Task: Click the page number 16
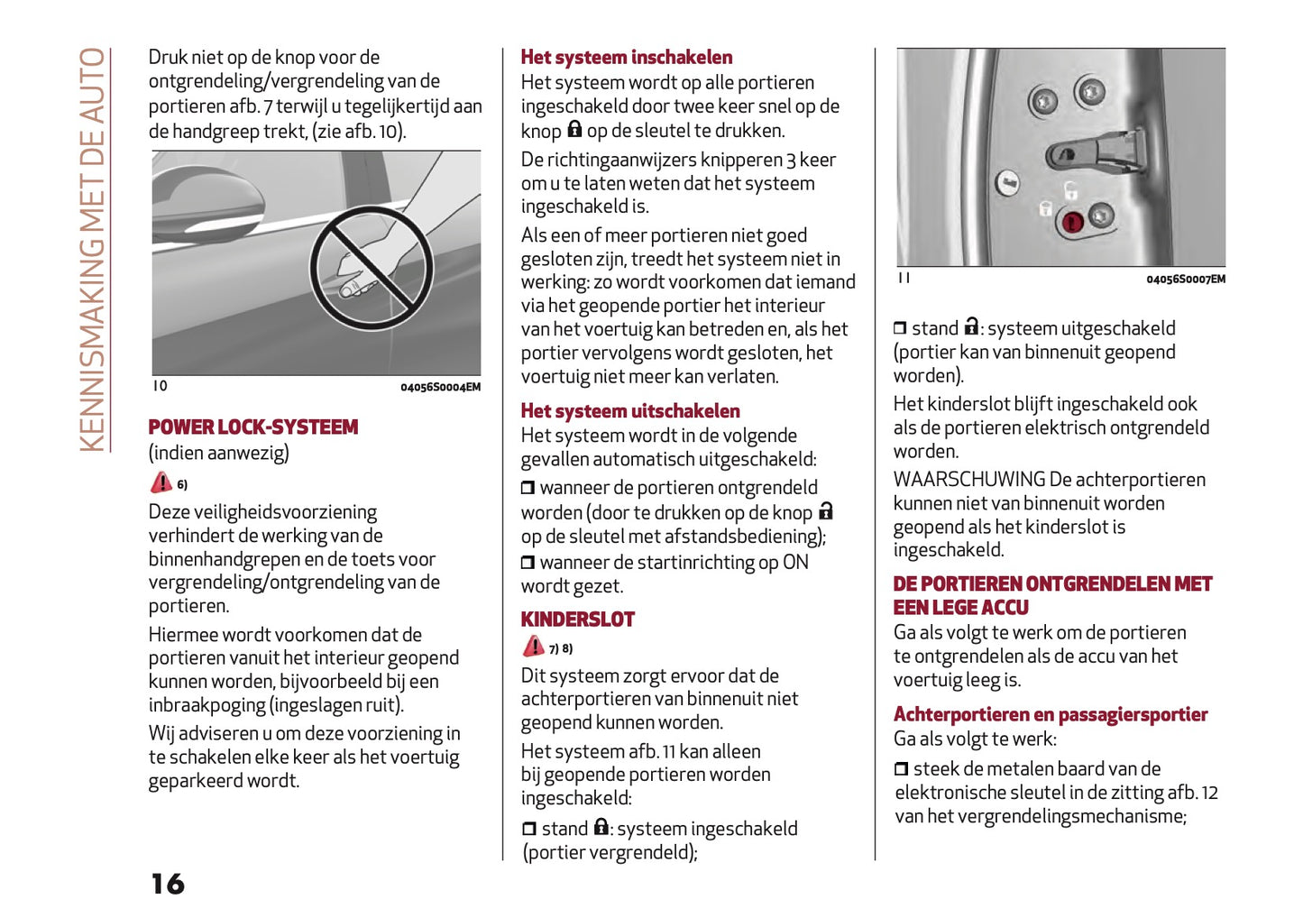click(168, 884)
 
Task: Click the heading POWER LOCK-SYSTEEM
click(252, 427)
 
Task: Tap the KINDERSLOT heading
click(577, 620)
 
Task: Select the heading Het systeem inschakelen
click(626, 58)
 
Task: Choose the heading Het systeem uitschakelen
click(629, 411)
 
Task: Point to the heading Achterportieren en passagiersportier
click(1050, 715)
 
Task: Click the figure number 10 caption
click(160, 386)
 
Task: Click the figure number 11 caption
click(904, 279)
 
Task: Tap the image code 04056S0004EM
click(440, 388)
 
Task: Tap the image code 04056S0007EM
click(1185, 280)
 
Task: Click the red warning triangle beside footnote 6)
click(161, 482)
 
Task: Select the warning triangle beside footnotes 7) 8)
click(534, 647)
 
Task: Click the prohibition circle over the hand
click(371, 268)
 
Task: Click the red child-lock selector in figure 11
click(1072, 221)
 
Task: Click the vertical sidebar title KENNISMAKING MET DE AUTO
click(93, 250)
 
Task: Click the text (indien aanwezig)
click(218, 453)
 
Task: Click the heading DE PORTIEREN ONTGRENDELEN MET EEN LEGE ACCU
click(1051, 595)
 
